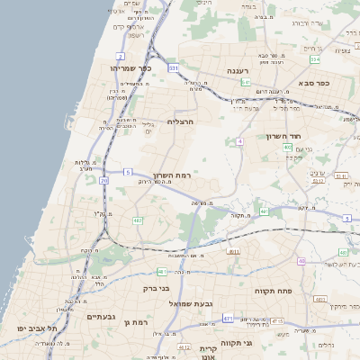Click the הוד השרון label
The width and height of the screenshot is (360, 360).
pos(287,136)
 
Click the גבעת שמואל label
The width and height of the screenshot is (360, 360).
pos(192,303)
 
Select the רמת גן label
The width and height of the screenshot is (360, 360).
pos(136,321)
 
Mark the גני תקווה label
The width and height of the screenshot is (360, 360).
pos(261,343)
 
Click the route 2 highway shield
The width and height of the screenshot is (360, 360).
pos(120,56)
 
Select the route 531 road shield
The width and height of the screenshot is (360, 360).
pos(173,67)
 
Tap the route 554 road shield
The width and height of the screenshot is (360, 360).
pos(315,59)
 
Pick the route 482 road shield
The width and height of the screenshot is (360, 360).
pos(138,220)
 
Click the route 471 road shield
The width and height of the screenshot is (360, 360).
pos(229,318)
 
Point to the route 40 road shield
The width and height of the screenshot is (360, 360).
pos(301,261)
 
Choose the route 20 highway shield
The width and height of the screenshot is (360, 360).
pos(104,181)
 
